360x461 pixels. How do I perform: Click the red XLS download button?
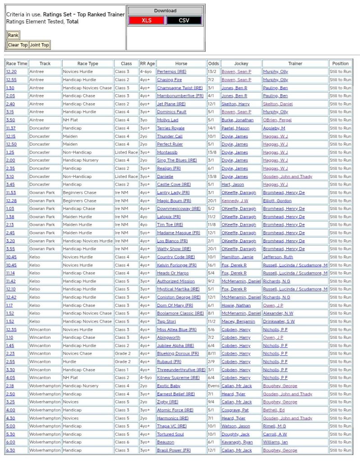[x=146, y=20]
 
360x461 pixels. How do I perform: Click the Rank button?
[x=13, y=35]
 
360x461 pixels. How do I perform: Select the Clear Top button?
[x=18, y=45]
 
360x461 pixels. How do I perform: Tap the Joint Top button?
[x=39, y=45]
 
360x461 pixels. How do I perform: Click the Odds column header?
[x=214, y=64]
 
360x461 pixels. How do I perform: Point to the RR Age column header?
[x=147, y=64]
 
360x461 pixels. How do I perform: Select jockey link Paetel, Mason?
[x=235, y=128]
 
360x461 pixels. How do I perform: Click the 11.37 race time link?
[x=11, y=128]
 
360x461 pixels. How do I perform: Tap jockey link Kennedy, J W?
[x=235, y=201]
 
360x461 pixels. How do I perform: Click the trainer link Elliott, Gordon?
[x=277, y=201]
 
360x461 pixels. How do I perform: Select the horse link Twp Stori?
[x=166, y=321]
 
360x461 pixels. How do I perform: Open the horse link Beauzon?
[x=165, y=442]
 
